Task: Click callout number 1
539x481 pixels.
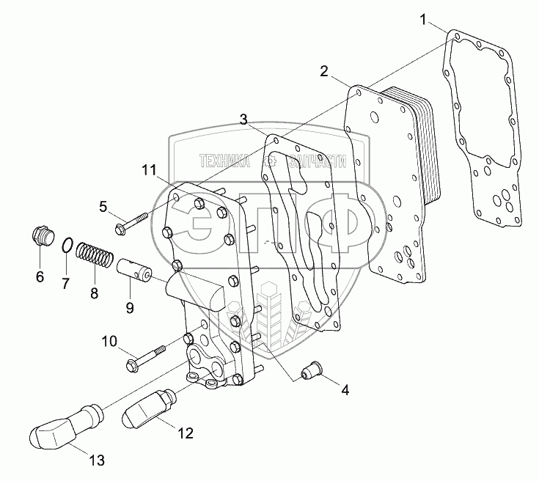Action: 423,20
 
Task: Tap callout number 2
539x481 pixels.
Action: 323,71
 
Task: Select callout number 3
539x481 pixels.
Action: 243,119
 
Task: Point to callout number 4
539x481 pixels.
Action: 344,390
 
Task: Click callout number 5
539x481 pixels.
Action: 103,206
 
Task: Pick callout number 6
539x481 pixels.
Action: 40,276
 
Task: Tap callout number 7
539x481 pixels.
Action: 65,282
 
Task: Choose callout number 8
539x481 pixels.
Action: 94,293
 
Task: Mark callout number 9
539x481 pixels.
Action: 129,307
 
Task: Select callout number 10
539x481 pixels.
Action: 109,340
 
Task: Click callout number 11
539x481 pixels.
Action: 149,171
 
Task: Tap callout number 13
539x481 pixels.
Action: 97,460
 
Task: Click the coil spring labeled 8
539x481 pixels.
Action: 95,257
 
